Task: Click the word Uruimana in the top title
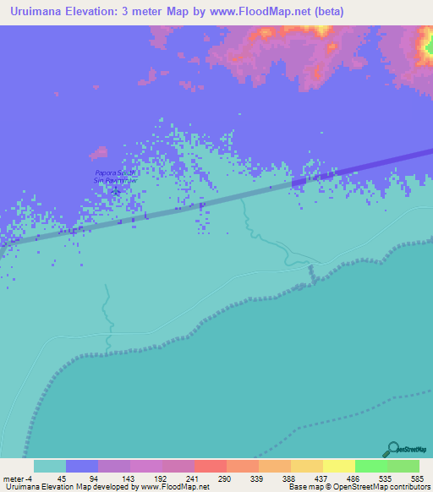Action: [37, 12]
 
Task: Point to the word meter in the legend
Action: [15, 478]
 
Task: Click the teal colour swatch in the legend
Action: [49, 466]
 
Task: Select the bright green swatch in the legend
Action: [370, 466]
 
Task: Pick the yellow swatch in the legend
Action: [338, 466]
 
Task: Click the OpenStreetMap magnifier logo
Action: [392, 449]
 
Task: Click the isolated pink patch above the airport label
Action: [99, 155]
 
